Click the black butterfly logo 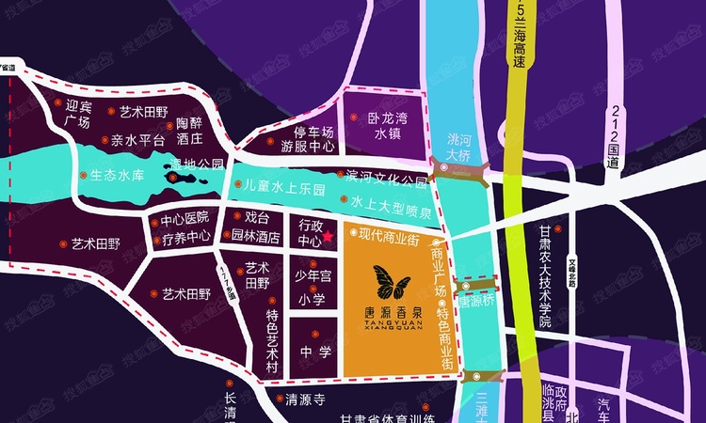point(393,283)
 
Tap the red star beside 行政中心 point(329,241)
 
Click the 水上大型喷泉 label point(391,201)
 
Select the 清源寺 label point(305,399)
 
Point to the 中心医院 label point(185,221)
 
